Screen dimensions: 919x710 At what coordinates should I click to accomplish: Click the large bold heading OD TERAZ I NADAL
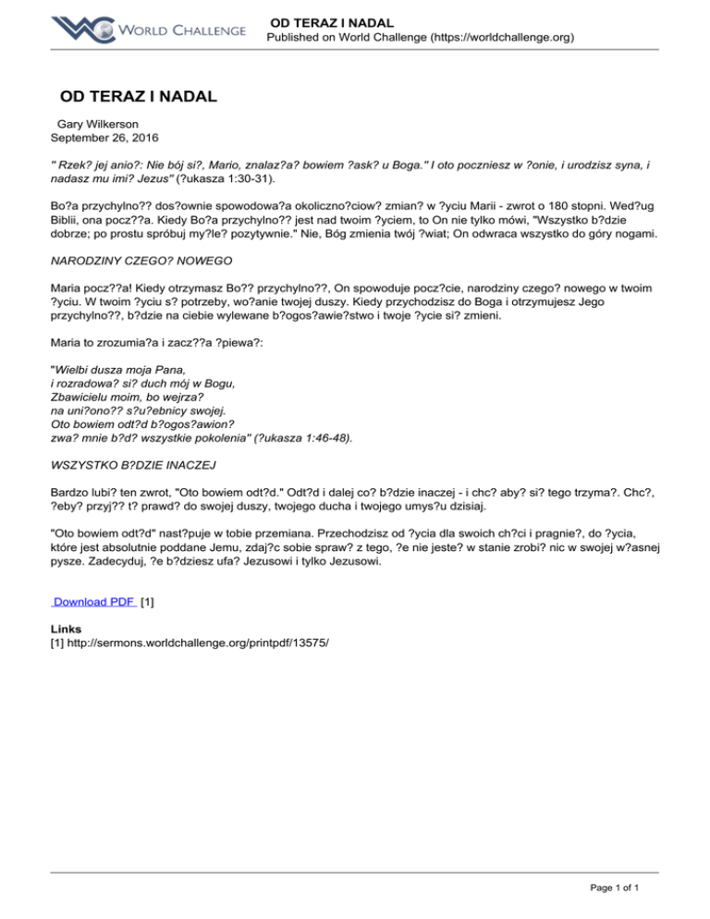tap(139, 95)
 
